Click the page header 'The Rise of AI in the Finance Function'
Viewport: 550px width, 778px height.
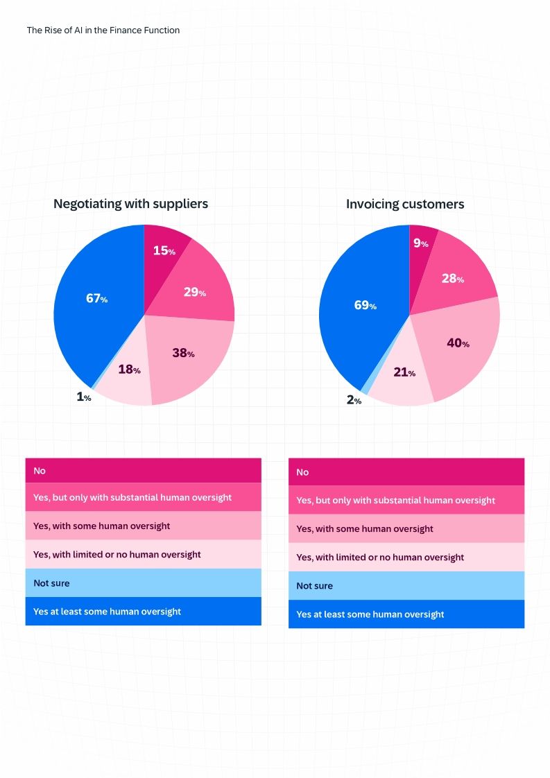103,31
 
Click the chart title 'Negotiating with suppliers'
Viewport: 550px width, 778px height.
130,203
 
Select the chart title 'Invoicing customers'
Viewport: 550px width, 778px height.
405,204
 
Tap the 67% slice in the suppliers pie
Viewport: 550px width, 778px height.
96,299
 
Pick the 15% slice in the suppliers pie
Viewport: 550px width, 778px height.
164,250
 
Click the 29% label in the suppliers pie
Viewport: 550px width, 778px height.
195,292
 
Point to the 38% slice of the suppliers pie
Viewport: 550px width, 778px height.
184,353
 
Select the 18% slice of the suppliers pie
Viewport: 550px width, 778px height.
129,370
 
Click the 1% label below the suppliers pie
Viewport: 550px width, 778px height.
83,397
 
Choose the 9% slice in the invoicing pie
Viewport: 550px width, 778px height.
421,243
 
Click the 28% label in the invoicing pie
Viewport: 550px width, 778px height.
452,278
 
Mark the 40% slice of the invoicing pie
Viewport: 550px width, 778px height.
458,343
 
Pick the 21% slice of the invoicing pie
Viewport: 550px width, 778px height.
404,373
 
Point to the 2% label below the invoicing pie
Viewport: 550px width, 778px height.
354,400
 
